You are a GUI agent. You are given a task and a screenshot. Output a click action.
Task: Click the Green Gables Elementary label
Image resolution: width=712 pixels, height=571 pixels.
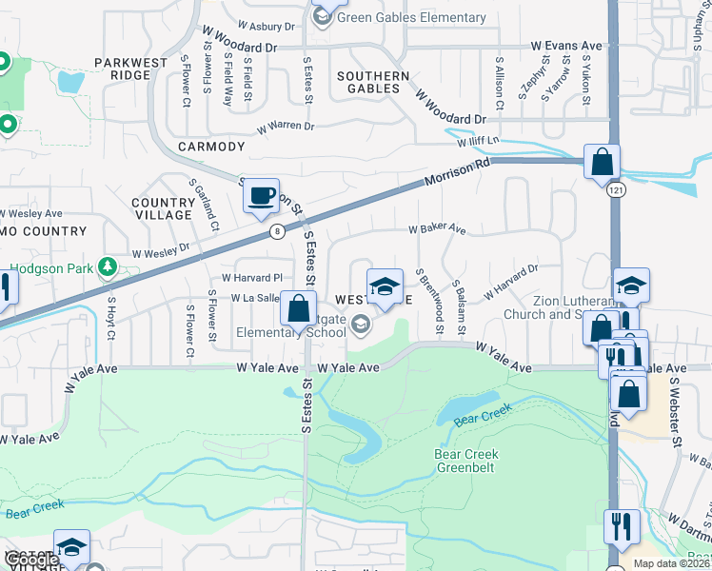click(413, 17)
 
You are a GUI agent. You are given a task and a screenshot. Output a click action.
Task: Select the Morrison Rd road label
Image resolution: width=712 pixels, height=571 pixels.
click(457, 171)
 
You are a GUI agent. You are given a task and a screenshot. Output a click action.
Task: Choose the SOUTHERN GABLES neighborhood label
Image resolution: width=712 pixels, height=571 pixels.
click(373, 82)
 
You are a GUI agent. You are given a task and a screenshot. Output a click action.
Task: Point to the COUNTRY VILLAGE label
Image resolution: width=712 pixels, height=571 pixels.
click(164, 208)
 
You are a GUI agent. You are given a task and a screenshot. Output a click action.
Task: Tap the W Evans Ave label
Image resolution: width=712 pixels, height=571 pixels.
click(567, 45)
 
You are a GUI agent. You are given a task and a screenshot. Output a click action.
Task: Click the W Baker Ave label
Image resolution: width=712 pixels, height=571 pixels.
click(437, 229)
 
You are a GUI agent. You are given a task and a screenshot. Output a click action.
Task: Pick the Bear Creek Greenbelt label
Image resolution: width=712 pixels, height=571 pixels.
click(466, 461)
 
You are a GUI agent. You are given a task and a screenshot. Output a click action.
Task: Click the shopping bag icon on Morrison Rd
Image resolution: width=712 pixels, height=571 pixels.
click(603, 163)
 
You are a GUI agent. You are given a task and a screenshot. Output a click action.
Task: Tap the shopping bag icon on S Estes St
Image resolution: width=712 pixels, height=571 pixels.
click(298, 309)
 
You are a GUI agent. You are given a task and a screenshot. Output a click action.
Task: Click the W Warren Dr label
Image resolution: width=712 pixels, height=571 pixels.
click(284, 126)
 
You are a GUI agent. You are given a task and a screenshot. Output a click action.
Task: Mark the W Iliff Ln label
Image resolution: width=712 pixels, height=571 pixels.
click(479, 142)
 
